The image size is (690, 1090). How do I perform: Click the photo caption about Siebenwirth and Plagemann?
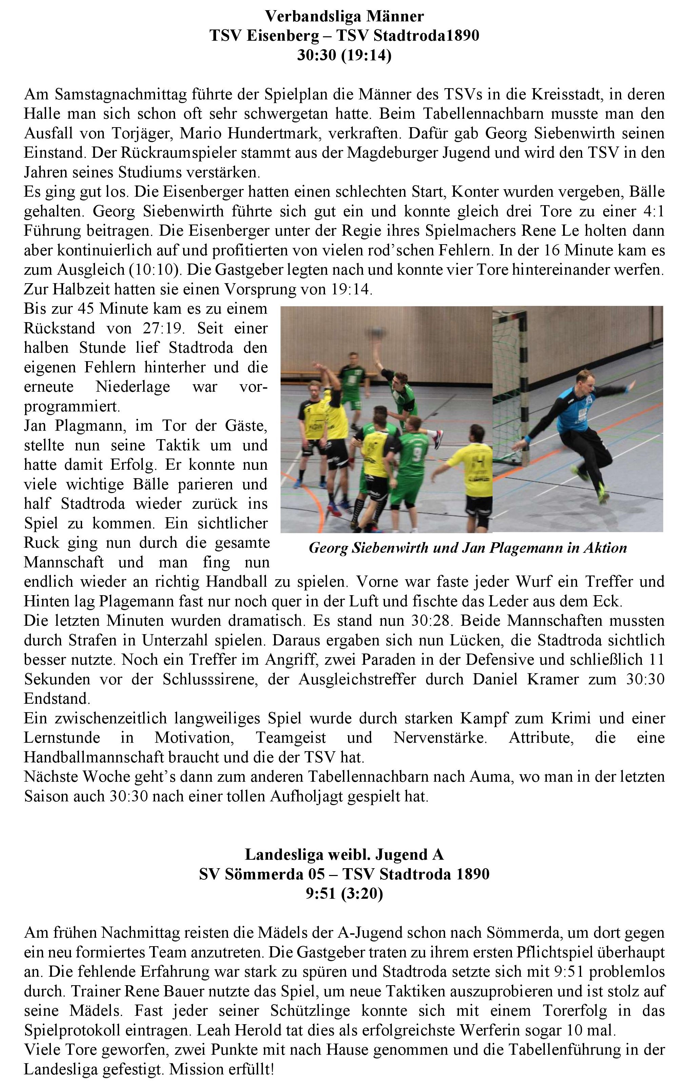468,548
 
